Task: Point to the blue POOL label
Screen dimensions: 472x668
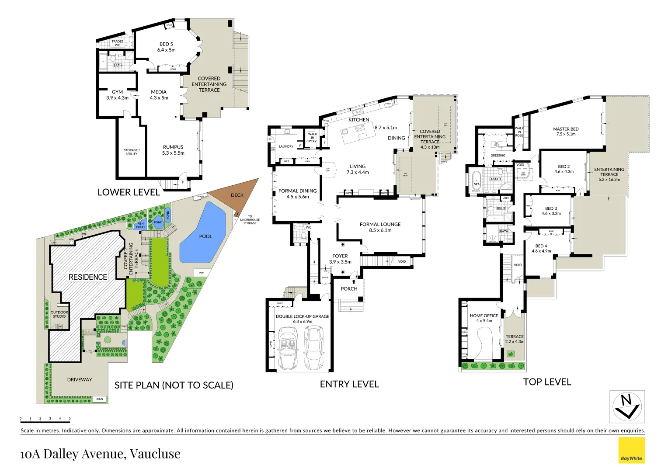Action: (205, 236)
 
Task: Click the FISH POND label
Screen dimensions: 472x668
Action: (140, 225)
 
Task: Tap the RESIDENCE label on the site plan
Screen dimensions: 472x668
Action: (87, 277)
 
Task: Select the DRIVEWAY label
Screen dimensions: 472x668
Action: (80, 380)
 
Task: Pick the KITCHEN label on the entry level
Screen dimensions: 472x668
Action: (359, 120)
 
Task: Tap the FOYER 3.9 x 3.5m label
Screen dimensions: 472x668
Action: (340, 259)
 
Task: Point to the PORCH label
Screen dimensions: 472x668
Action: (349, 289)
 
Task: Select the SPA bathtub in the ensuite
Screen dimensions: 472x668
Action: (477, 181)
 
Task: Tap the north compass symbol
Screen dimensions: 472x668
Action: (627, 407)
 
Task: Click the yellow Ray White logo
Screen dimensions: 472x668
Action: (631, 450)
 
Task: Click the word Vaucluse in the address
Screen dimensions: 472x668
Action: (155, 454)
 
